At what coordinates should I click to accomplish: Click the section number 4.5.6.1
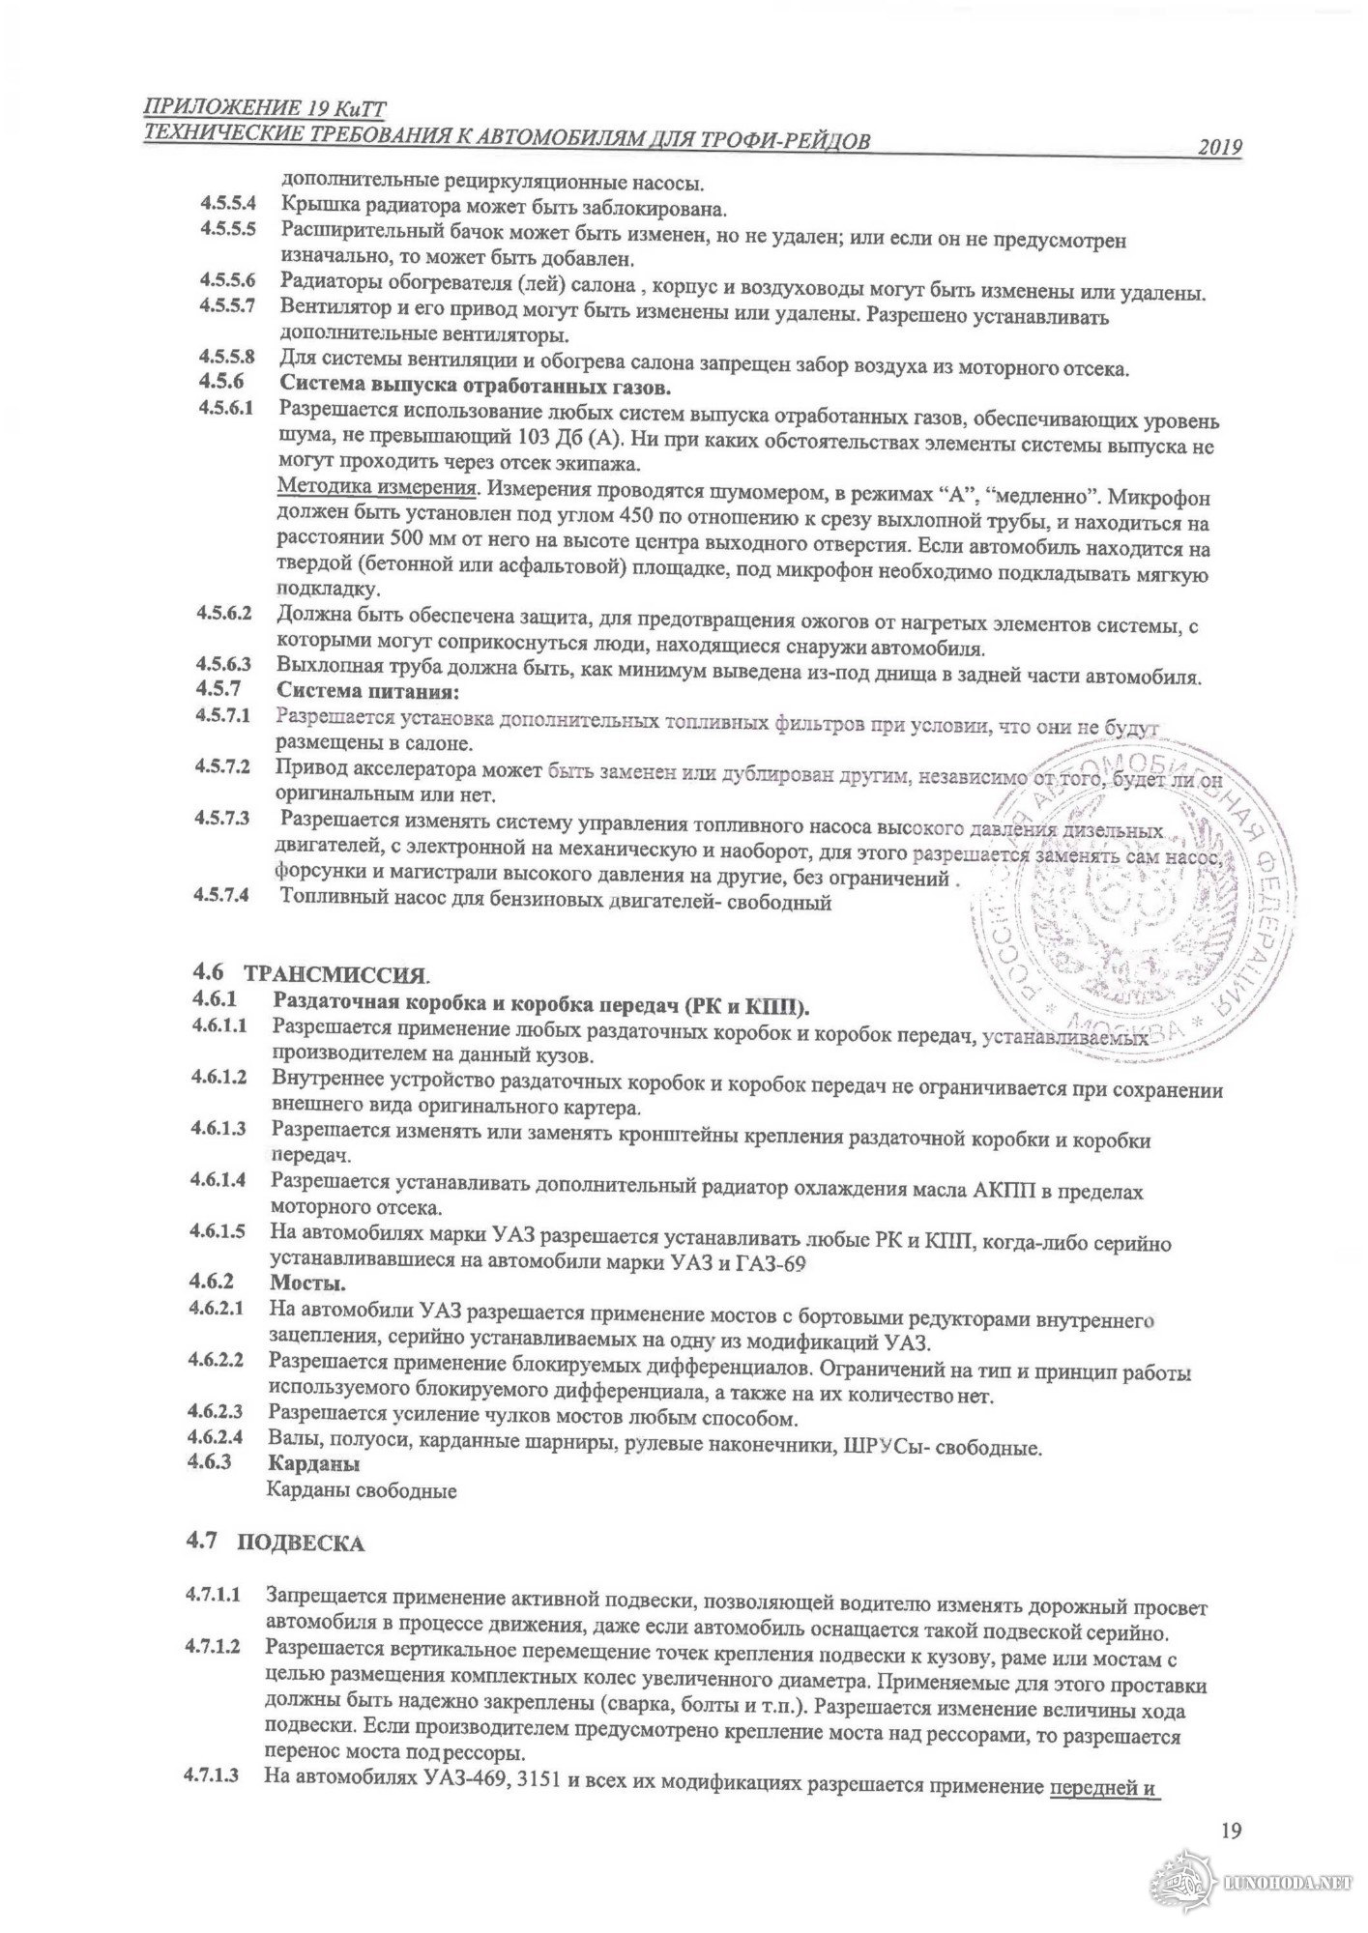(226, 408)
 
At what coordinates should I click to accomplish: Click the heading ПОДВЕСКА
(301, 1544)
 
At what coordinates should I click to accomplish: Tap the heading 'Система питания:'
(367, 691)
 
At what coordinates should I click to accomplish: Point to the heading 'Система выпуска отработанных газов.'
(474, 388)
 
